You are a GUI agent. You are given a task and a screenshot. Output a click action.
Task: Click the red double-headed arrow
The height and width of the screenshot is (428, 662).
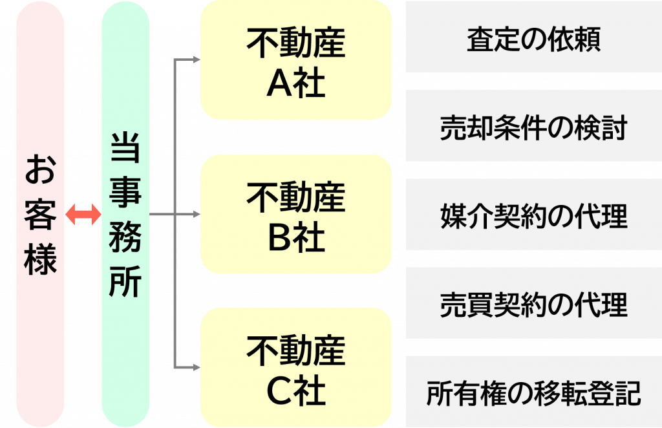tap(83, 215)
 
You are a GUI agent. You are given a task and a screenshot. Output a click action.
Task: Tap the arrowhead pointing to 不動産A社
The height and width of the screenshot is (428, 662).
tap(197, 59)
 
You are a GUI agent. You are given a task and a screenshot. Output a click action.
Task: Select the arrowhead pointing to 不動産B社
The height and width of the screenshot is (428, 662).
tap(197, 215)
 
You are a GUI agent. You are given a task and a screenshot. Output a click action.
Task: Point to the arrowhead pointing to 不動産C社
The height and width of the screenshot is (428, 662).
tap(197, 368)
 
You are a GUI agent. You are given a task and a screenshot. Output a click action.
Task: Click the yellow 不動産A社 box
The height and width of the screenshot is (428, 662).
tap(296, 59)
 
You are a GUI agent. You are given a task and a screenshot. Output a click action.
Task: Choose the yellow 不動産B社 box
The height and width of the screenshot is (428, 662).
tap(296, 214)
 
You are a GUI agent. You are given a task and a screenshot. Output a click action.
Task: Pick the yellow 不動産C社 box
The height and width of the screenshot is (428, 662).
tap(296, 368)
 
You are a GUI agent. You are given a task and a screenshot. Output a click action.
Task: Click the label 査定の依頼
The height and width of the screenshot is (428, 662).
tap(533, 39)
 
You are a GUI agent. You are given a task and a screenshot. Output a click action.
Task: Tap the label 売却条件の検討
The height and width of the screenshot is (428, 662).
tap(533, 127)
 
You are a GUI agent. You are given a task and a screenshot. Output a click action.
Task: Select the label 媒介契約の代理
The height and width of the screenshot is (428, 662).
tap(533, 216)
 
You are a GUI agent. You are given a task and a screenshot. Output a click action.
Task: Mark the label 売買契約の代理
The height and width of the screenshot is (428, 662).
tap(533, 305)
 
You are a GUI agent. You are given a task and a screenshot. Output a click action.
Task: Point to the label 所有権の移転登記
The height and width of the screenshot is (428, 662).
tap(533, 393)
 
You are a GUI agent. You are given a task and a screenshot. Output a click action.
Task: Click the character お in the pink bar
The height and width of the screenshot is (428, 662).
tap(40, 169)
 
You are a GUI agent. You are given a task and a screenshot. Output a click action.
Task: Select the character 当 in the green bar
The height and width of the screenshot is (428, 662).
tap(125, 147)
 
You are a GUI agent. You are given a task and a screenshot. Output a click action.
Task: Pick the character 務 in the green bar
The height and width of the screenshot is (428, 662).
tap(125, 237)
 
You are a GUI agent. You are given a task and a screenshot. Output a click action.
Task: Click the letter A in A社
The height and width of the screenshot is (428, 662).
tap(279, 83)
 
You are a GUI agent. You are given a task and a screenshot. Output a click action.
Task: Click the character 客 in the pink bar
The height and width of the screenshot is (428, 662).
tap(40, 214)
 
